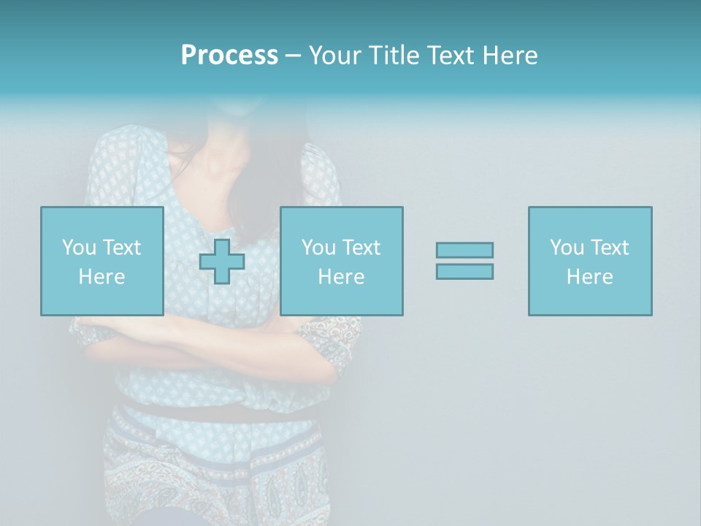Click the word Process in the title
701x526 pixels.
pos(229,56)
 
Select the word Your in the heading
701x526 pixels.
pos(337,56)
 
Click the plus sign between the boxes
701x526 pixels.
pos(222,262)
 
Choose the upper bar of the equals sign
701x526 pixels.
pos(464,250)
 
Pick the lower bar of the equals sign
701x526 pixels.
pos(464,271)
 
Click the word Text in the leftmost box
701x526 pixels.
pos(121,248)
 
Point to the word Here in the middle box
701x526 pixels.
pos(341,277)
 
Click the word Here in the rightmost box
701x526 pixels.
pos(589,277)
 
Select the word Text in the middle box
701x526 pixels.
pos(361,248)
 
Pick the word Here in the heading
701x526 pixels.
pos(510,56)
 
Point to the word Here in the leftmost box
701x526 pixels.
pos(101,277)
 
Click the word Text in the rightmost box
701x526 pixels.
pos(609,248)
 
